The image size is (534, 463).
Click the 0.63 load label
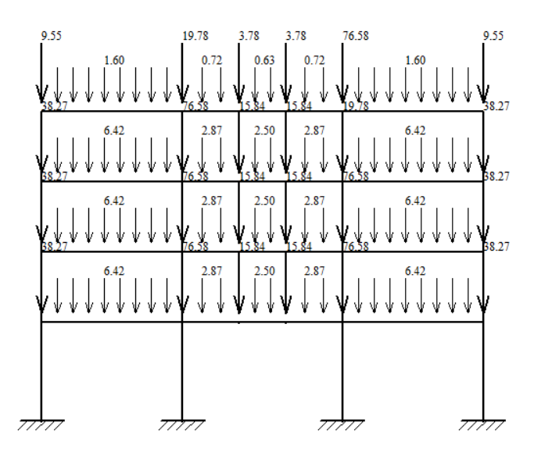point(264,60)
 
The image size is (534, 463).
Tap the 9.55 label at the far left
point(51,36)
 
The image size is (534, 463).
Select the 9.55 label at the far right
point(493,36)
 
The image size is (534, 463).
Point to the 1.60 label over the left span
point(113,60)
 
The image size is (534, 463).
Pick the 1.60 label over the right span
point(415,60)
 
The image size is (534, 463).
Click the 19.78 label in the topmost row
point(195,36)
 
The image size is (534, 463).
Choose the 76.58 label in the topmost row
point(357,36)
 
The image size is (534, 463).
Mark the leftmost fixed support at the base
point(41,424)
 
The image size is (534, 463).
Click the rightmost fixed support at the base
point(483,424)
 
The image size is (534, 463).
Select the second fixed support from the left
point(182,424)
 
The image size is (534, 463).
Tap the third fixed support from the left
point(342,424)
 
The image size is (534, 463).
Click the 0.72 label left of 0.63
point(211,60)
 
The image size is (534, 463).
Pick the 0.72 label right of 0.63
point(314,60)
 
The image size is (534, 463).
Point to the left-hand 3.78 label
point(249,36)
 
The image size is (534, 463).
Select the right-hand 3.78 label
point(296,36)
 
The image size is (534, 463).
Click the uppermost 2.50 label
point(264,130)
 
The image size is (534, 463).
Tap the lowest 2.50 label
point(264,271)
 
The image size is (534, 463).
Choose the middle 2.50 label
point(264,201)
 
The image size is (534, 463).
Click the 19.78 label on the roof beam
point(357,106)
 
